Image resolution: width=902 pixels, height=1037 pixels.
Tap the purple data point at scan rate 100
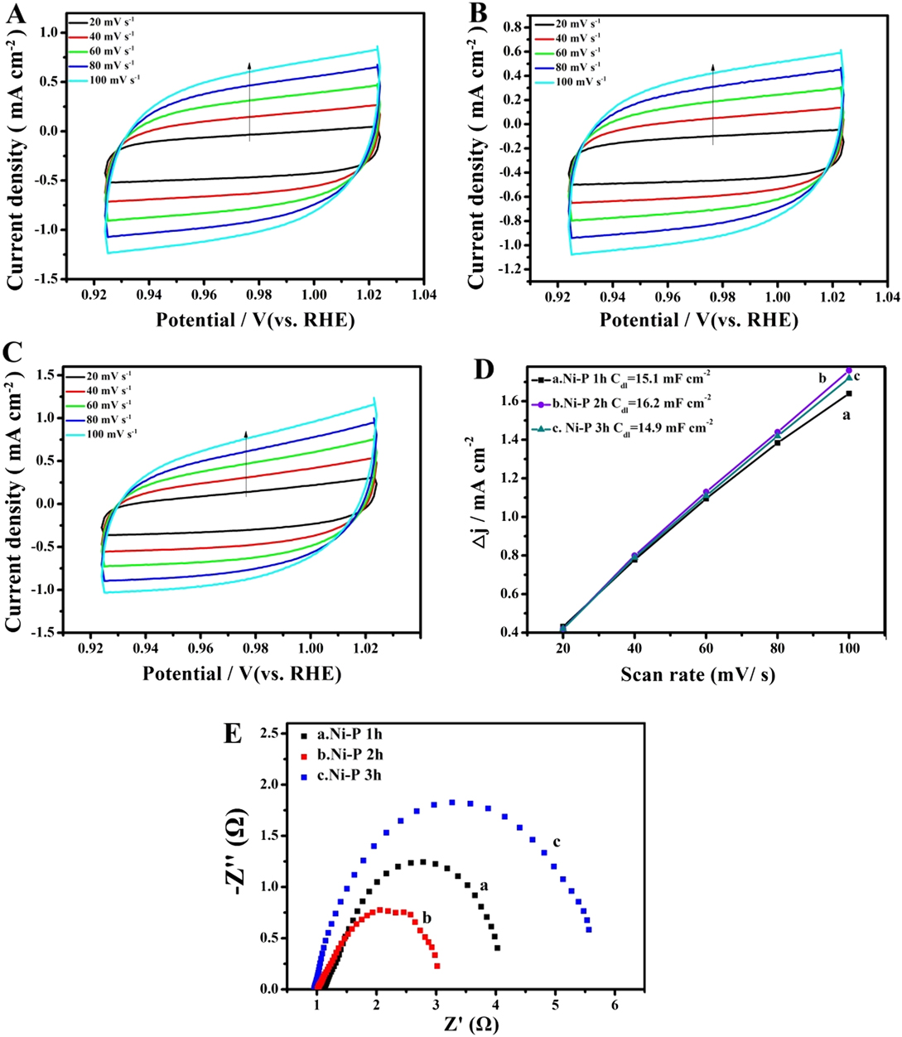[x=848, y=370]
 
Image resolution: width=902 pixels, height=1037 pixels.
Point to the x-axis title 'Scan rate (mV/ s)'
[x=697, y=676]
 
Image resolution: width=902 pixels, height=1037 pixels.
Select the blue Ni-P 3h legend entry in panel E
[x=349, y=776]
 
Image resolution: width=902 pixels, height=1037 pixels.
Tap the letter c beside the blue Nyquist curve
[x=557, y=842]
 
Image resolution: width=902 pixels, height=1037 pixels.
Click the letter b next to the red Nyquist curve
[x=426, y=918]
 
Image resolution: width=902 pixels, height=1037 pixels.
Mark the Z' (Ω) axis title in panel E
[x=465, y=1025]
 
